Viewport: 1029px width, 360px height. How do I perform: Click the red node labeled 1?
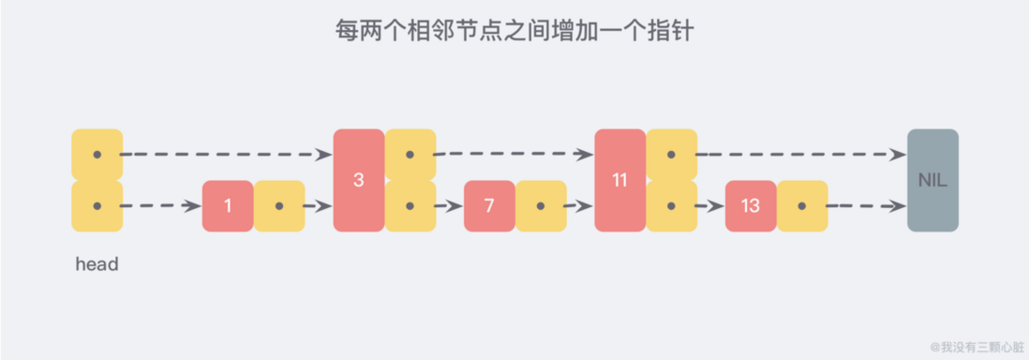point(228,206)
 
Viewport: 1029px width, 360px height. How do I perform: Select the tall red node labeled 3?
point(359,180)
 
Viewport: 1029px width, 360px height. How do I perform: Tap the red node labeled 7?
point(489,206)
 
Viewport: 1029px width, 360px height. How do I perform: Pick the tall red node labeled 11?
point(619,180)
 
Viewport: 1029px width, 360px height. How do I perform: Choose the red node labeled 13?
point(750,206)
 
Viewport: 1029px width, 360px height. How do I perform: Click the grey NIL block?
point(932,180)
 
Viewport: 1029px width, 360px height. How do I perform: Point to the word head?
point(97,265)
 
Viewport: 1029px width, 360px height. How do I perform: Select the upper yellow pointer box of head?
point(97,155)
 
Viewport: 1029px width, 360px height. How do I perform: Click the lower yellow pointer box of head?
point(97,206)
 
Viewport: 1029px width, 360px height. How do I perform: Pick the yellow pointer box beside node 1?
point(279,206)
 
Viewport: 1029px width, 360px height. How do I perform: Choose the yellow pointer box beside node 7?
point(541,206)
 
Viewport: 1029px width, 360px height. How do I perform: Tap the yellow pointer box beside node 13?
point(802,206)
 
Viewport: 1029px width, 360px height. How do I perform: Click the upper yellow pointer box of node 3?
point(410,155)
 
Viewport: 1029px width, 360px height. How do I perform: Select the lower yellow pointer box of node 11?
point(671,206)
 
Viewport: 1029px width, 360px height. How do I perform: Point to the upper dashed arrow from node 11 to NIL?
point(797,155)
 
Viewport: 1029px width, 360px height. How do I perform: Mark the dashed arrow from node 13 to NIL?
point(862,206)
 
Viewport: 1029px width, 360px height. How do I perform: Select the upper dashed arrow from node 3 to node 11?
point(511,155)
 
